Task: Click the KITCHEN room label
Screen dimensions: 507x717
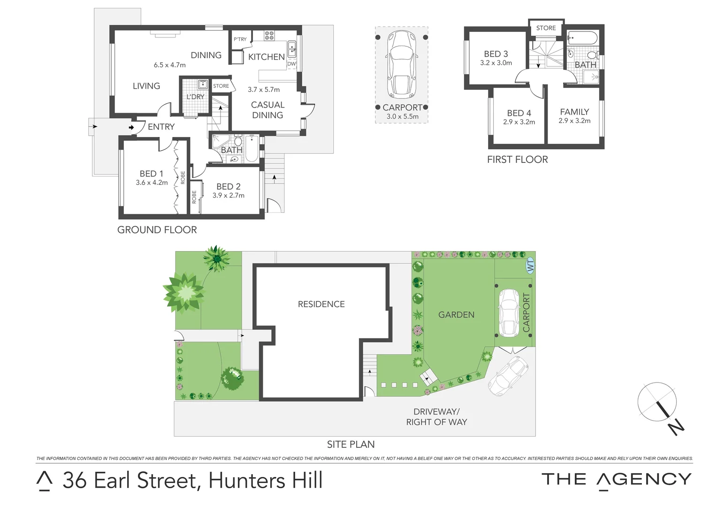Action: [x=266, y=57]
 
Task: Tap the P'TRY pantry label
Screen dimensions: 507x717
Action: [x=240, y=39]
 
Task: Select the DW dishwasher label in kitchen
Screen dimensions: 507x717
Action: [x=291, y=64]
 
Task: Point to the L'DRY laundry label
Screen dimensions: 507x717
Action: [x=195, y=97]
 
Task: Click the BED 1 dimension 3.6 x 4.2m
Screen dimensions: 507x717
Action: [x=152, y=183]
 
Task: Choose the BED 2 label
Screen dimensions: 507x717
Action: [x=229, y=186]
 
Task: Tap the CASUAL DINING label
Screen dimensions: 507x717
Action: [x=267, y=110]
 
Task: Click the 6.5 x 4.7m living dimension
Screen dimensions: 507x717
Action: [x=169, y=65]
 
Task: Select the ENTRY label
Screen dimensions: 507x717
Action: [x=161, y=127]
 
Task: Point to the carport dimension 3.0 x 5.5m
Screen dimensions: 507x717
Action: [x=402, y=116]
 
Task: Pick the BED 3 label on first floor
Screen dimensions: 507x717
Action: [x=496, y=54]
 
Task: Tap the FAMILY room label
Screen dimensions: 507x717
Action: [x=574, y=112]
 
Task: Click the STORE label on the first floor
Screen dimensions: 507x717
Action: [x=546, y=28]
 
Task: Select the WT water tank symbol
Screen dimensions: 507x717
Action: [x=530, y=265]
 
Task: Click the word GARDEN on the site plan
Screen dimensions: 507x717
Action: [x=456, y=315]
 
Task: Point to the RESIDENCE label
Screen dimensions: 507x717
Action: [x=321, y=304]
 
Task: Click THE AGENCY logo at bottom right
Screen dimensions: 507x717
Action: [x=616, y=479]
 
